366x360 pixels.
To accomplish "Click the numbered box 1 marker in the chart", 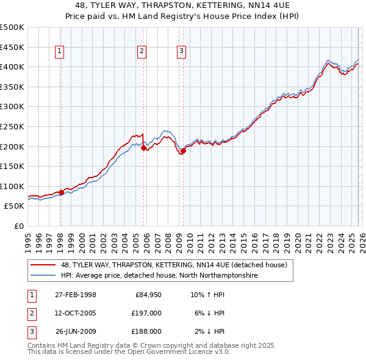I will [x=60, y=52].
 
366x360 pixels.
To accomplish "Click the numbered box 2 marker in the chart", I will [x=142, y=52].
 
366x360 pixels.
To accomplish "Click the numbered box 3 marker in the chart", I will [x=182, y=52].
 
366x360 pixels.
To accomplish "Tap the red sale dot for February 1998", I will [x=61, y=192].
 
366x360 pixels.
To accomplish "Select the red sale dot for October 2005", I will [x=143, y=148].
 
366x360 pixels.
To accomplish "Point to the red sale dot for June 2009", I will [x=183, y=151].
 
